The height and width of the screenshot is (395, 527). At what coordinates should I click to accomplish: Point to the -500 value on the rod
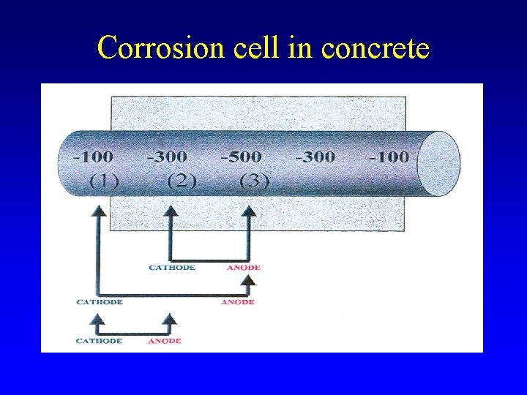tap(242, 157)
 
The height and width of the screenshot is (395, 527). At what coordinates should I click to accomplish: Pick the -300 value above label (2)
tap(168, 157)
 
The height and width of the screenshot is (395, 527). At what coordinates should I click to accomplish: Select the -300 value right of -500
tap(315, 157)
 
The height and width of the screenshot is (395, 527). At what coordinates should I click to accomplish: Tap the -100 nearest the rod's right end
tap(388, 157)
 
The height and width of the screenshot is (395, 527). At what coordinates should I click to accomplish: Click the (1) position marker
tap(105, 181)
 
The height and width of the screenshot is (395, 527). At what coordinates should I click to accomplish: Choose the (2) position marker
tap(181, 181)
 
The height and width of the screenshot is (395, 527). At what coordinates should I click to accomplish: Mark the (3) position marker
tap(254, 181)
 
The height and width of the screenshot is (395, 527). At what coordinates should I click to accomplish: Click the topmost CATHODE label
tap(172, 268)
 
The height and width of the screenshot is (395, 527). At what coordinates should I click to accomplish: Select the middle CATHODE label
tap(100, 301)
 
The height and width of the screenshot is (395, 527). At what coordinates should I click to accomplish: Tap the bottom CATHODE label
tap(100, 341)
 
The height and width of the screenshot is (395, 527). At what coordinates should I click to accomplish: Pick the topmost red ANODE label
tap(243, 268)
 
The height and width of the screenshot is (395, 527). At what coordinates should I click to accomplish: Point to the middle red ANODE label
tap(238, 301)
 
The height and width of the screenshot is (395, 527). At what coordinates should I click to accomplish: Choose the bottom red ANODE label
tap(165, 341)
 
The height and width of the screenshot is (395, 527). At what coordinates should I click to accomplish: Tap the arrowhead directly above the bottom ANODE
tap(170, 319)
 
